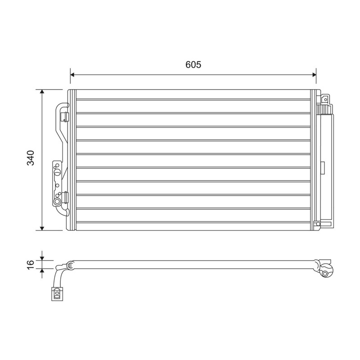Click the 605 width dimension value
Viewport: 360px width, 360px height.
coord(193,65)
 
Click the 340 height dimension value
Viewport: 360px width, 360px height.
coord(31,158)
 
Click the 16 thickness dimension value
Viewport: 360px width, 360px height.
coord(31,265)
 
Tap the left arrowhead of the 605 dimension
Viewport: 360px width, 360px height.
coord(72,75)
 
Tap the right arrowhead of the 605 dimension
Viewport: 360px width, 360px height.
coord(314,75)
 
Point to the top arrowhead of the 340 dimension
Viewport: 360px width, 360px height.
coord(42,92)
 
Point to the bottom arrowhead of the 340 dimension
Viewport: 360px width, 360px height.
coord(42,228)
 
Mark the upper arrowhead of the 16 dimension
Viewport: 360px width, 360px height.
coord(42,258)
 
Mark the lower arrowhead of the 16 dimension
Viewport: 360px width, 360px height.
coord(42,271)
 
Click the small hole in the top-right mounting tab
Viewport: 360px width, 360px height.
coord(325,99)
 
